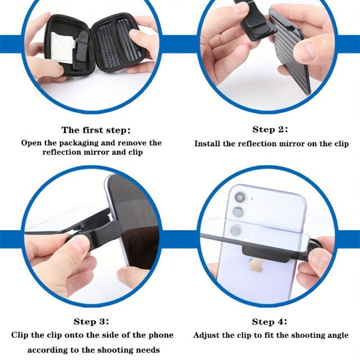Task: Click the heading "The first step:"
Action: [96, 130]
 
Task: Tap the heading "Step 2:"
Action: [270, 129]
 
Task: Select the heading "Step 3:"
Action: [91, 321]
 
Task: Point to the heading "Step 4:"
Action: [269, 321]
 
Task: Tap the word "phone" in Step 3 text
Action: [160, 335]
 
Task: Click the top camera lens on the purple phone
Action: [240, 197]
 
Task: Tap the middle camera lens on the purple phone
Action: [238, 212]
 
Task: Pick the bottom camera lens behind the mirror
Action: [235, 230]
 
